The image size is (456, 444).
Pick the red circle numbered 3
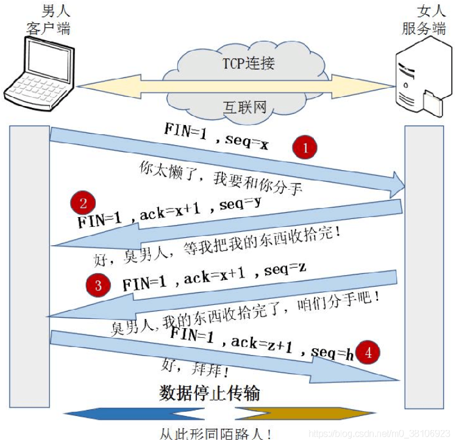click(98, 285)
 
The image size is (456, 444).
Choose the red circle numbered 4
click(369, 352)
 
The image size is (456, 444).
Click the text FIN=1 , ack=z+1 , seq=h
click(262, 344)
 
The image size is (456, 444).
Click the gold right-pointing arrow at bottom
click(287, 414)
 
